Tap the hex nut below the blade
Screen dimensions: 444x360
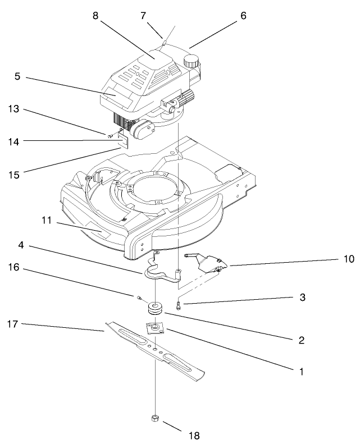[x=154, y=418]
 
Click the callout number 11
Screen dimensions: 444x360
[x=47, y=221]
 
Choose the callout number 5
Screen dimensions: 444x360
[x=17, y=76]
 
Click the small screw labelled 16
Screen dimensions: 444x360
[x=136, y=296]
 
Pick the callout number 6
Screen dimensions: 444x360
[x=243, y=16]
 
